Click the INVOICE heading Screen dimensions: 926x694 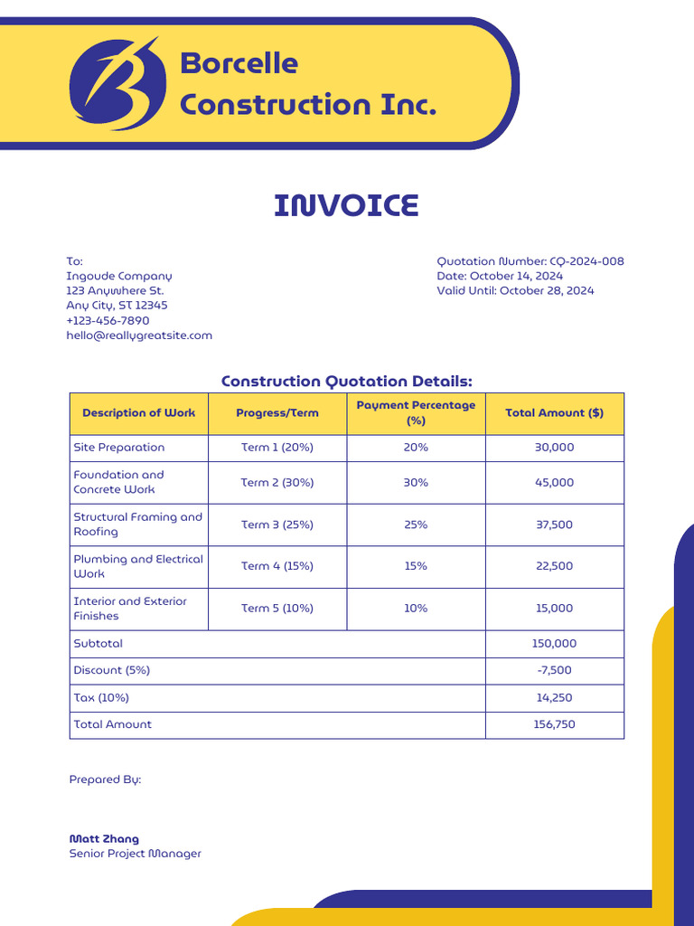point(346,206)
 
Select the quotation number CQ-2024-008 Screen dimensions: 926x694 point(586,261)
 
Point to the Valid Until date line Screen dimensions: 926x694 point(515,290)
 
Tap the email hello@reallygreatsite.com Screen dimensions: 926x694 point(139,335)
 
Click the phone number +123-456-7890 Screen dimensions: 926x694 point(108,320)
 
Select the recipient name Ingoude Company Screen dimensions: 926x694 point(118,276)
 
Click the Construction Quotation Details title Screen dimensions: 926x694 point(346,382)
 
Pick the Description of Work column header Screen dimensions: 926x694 point(138,413)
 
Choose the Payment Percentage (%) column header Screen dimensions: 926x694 point(416,413)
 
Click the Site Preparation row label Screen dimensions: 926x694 point(119,448)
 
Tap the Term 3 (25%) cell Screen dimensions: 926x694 point(277,524)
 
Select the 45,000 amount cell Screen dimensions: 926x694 point(554,483)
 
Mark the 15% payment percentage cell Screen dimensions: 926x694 point(416,566)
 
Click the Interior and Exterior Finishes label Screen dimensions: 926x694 point(130,609)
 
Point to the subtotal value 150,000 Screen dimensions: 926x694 point(554,644)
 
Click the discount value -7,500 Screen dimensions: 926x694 point(554,671)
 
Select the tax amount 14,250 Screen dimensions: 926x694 point(554,698)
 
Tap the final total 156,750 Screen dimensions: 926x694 point(554,724)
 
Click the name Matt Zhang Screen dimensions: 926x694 point(104,839)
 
